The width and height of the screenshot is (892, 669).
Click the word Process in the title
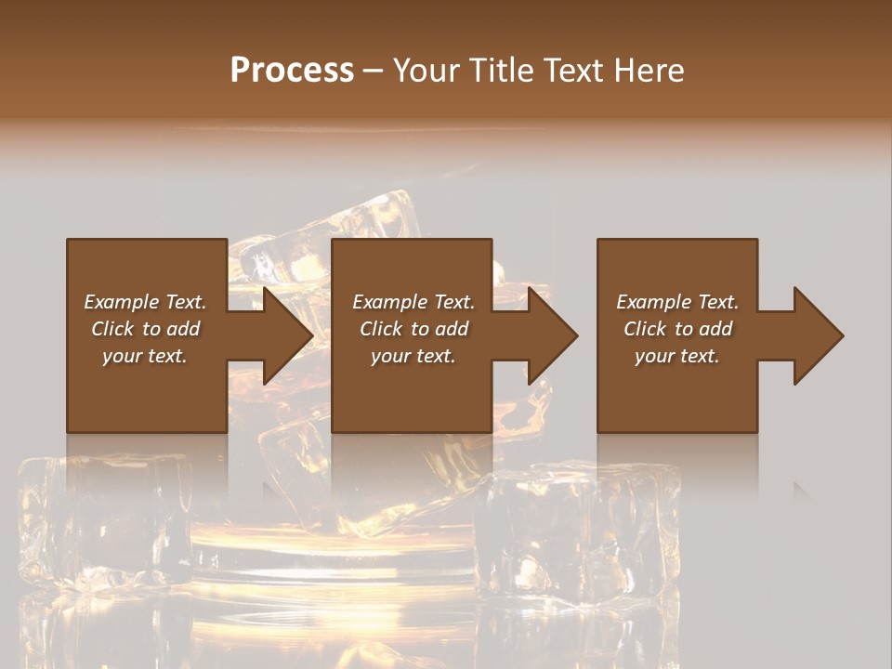[x=292, y=71]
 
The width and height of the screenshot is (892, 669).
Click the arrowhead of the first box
[x=288, y=335]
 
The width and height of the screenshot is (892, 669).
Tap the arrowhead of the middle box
[x=553, y=335]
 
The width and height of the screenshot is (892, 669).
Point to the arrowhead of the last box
[x=819, y=335]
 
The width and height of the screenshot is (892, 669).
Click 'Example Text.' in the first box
[x=146, y=302]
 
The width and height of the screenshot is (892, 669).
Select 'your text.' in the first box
[x=146, y=356]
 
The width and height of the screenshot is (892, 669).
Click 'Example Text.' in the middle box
[x=413, y=302]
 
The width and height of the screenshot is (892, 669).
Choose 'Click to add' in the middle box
[x=413, y=329]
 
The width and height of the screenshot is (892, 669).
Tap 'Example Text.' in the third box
[x=677, y=302]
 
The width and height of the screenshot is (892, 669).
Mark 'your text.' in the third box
[x=677, y=356]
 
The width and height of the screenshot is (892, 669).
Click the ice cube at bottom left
[x=102, y=520]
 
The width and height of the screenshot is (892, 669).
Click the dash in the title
[x=374, y=72]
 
